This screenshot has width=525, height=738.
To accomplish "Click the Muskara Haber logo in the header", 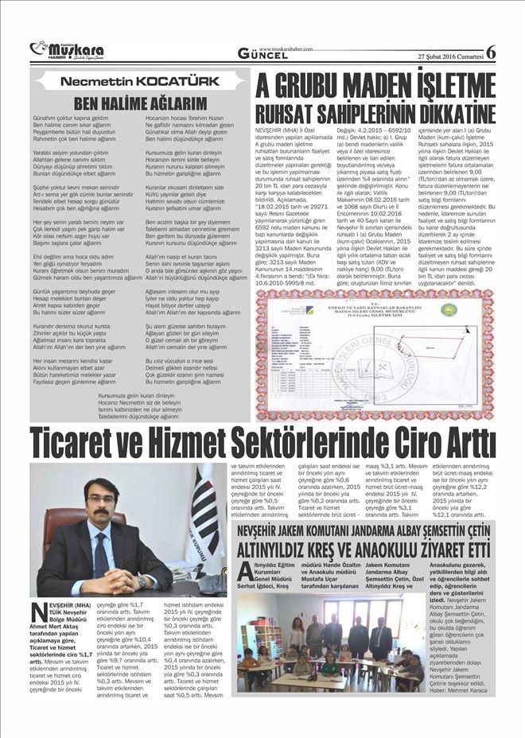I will click(x=67, y=50).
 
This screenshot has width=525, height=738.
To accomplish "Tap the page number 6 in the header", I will click(x=490, y=52).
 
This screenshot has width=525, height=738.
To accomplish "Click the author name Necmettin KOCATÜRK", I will click(x=135, y=81).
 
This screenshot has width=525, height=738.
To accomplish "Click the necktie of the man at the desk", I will click(x=101, y=550).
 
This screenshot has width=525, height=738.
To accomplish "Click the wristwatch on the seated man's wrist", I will click(x=142, y=581).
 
